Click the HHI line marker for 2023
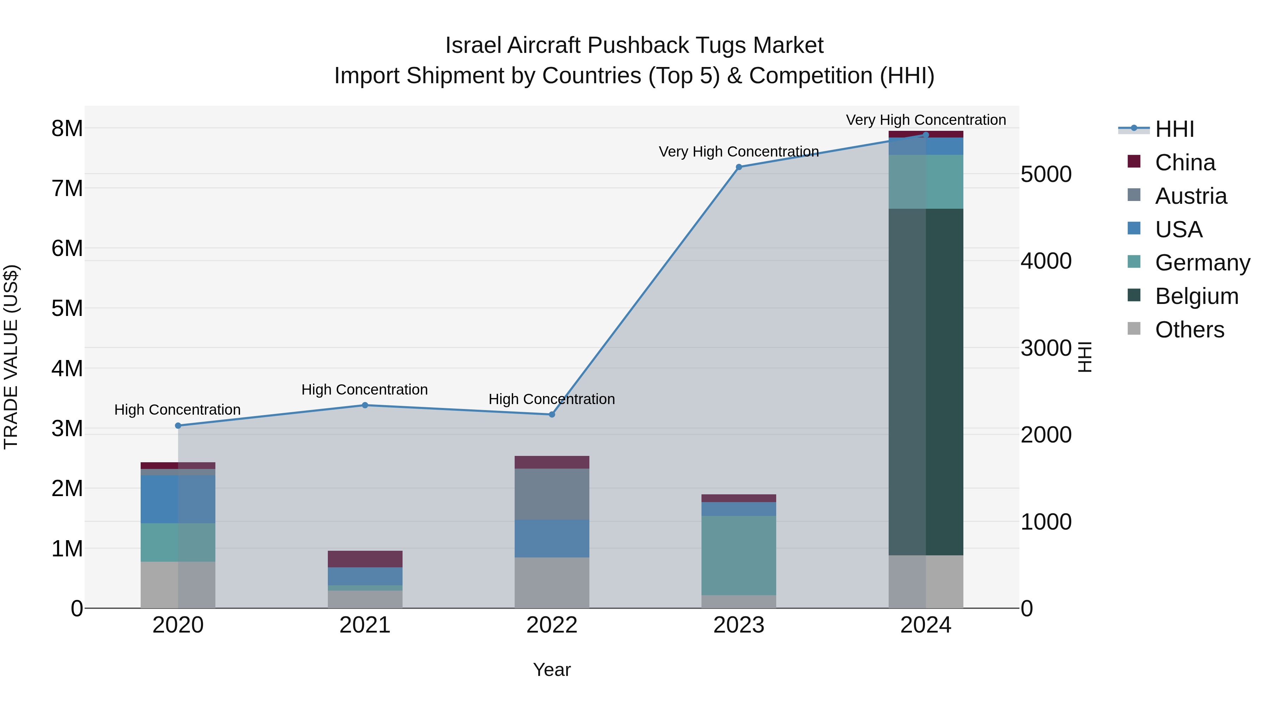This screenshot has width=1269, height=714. point(738,167)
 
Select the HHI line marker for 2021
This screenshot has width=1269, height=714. point(365,405)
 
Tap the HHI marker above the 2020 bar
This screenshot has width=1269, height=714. point(178,426)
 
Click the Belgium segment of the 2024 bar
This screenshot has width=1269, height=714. point(926,382)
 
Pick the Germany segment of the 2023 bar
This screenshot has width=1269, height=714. point(738,555)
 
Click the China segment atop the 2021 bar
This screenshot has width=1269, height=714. point(365,559)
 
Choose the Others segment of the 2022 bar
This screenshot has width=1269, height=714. point(552,582)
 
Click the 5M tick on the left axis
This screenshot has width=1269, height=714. point(67,309)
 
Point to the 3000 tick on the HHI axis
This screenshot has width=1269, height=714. point(1046,348)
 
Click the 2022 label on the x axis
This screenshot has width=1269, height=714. point(552,625)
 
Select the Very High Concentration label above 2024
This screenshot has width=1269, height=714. point(926,120)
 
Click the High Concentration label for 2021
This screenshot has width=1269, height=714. point(364,389)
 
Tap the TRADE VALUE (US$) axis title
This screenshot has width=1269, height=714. point(11,357)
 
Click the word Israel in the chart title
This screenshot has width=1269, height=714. point(473,45)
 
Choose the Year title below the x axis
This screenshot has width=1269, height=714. point(552,670)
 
